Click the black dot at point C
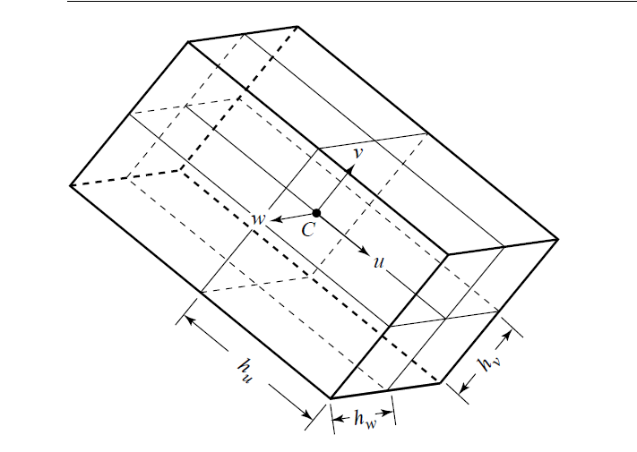316,213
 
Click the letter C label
308,230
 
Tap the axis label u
378,262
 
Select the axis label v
357,153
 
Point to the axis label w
258,219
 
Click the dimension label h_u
245,371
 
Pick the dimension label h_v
488,362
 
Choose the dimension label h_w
366,419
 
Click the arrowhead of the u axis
364,252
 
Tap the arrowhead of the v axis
350,169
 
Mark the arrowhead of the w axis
276,219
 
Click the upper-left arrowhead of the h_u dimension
190,320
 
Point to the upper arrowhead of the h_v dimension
507,336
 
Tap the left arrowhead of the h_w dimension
338,417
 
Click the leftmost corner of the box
70,186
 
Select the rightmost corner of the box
558,239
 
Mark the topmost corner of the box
297,27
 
